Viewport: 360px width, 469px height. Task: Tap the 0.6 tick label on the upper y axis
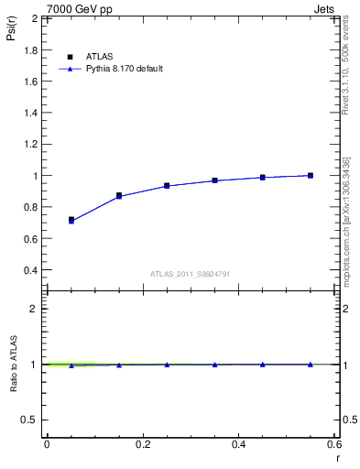coord(34,239)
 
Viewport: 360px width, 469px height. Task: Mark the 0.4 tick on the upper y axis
coord(34,270)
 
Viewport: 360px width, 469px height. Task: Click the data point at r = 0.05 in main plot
coord(71,221)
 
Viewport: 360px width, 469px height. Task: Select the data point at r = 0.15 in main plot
coord(119,196)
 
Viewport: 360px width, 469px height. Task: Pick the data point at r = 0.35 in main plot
coord(214,180)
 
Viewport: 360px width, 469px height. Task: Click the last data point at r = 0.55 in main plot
coord(311,175)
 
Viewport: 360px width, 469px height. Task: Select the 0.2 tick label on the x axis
coord(143,444)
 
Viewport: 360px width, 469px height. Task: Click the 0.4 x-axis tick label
coord(238,444)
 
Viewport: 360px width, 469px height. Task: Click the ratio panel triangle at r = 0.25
coord(167,365)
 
